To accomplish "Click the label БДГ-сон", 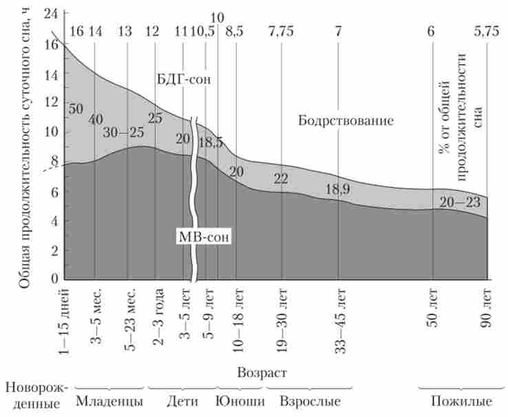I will click(x=182, y=80).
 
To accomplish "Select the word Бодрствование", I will click(x=346, y=121).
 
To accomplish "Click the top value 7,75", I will click(x=280, y=32).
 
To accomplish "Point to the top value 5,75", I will click(x=486, y=32).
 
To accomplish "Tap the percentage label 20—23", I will click(x=459, y=202).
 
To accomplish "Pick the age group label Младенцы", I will click(x=110, y=400).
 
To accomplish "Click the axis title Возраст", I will click(x=261, y=372).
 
